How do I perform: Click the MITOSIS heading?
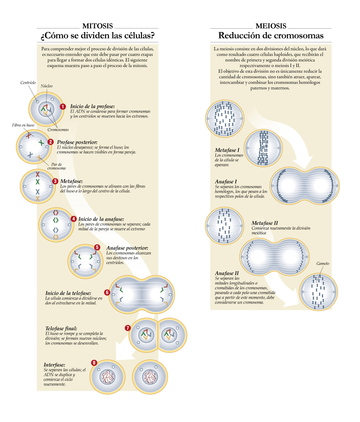pyautogui.click(x=97, y=26)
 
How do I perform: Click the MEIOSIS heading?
pyautogui.click(x=271, y=26)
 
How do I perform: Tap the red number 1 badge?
pyautogui.click(x=63, y=106)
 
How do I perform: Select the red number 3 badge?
pyautogui.click(x=55, y=181)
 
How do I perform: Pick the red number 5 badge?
pyautogui.click(x=97, y=247)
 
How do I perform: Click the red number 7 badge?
pyautogui.click(x=128, y=328)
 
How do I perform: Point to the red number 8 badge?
pyautogui.click(x=94, y=363)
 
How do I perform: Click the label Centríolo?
pyautogui.click(x=28, y=83)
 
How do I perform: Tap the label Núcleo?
pyautogui.click(x=47, y=86)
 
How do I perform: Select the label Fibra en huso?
pyautogui.click(x=23, y=125)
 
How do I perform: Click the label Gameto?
pyautogui.click(x=323, y=263)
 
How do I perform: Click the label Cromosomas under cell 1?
pyautogui.click(x=58, y=130)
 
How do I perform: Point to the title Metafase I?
pyautogui.click(x=227, y=150)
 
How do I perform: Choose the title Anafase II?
pyautogui.click(x=227, y=273)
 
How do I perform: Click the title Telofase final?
pyautogui.click(x=61, y=329)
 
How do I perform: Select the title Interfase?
pyautogui.click(x=54, y=365)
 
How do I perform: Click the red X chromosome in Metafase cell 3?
pyautogui.click(x=38, y=174)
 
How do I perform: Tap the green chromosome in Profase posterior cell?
pyautogui.click(x=41, y=142)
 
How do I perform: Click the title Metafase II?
pyautogui.click(x=265, y=223)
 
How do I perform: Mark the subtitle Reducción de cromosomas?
pyautogui.click(x=271, y=36)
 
